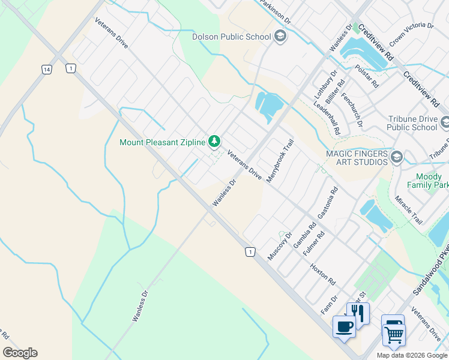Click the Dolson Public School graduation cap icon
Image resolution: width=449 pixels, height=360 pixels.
(x=280, y=37)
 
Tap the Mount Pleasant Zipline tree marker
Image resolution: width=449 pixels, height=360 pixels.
(x=214, y=142)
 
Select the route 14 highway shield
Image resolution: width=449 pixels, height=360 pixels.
(x=46, y=70)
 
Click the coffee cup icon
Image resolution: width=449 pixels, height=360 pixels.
(x=344, y=326)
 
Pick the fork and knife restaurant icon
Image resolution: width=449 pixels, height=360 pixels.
(x=358, y=313)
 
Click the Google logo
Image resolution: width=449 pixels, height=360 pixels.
(x=20, y=353)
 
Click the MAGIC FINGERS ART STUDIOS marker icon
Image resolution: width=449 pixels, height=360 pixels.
(x=396, y=158)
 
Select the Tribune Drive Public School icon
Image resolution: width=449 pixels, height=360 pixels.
(x=445, y=123)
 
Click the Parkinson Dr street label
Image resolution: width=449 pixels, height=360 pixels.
(x=276, y=11)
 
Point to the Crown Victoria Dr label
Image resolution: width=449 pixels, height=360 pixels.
(x=412, y=34)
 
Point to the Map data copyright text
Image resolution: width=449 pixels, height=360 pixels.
(x=412, y=355)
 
